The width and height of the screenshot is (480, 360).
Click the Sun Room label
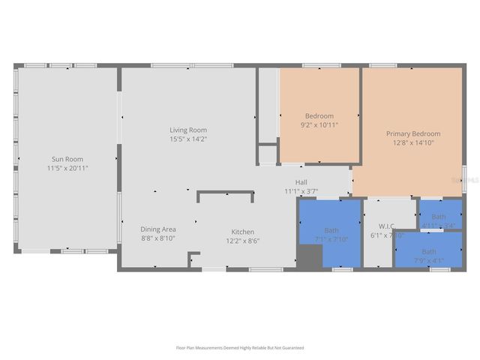click(x=67, y=159)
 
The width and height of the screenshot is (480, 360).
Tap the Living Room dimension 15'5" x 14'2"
click(x=187, y=139)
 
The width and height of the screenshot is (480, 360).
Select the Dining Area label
click(x=158, y=229)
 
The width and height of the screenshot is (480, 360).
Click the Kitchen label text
click(x=242, y=232)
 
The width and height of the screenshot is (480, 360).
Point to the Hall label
click(x=301, y=182)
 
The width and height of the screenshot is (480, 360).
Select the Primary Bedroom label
click(x=413, y=133)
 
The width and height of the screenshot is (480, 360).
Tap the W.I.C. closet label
click(x=387, y=226)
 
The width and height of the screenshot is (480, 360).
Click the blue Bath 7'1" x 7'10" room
click(x=331, y=225)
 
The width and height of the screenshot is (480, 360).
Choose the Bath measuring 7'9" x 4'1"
click(x=428, y=251)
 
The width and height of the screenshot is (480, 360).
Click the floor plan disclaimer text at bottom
click(x=240, y=348)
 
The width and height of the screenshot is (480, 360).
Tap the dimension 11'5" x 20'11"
click(x=67, y=168)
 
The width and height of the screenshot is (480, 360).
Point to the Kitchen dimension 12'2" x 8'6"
click(x=242, y=241)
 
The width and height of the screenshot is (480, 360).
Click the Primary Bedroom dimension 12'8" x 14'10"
click(x=413, y=142)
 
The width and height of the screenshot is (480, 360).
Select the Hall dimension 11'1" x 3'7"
click(x=301, y=191)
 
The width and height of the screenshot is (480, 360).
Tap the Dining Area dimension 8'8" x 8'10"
click(x=158, y=238)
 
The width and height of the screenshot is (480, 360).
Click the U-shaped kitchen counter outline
click(x=224, y=193)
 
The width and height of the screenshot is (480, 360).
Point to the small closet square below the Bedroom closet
click(x=268, y=155)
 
